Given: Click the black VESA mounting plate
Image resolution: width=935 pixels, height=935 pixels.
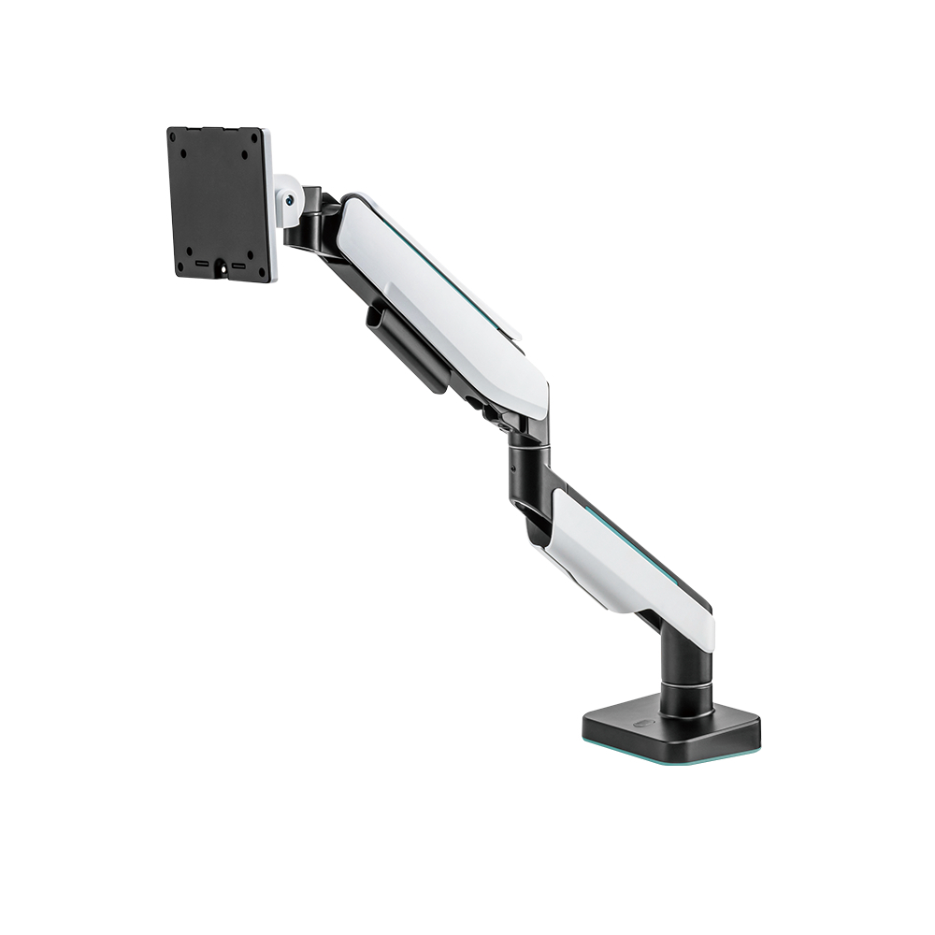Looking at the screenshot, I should tap(217, 201).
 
